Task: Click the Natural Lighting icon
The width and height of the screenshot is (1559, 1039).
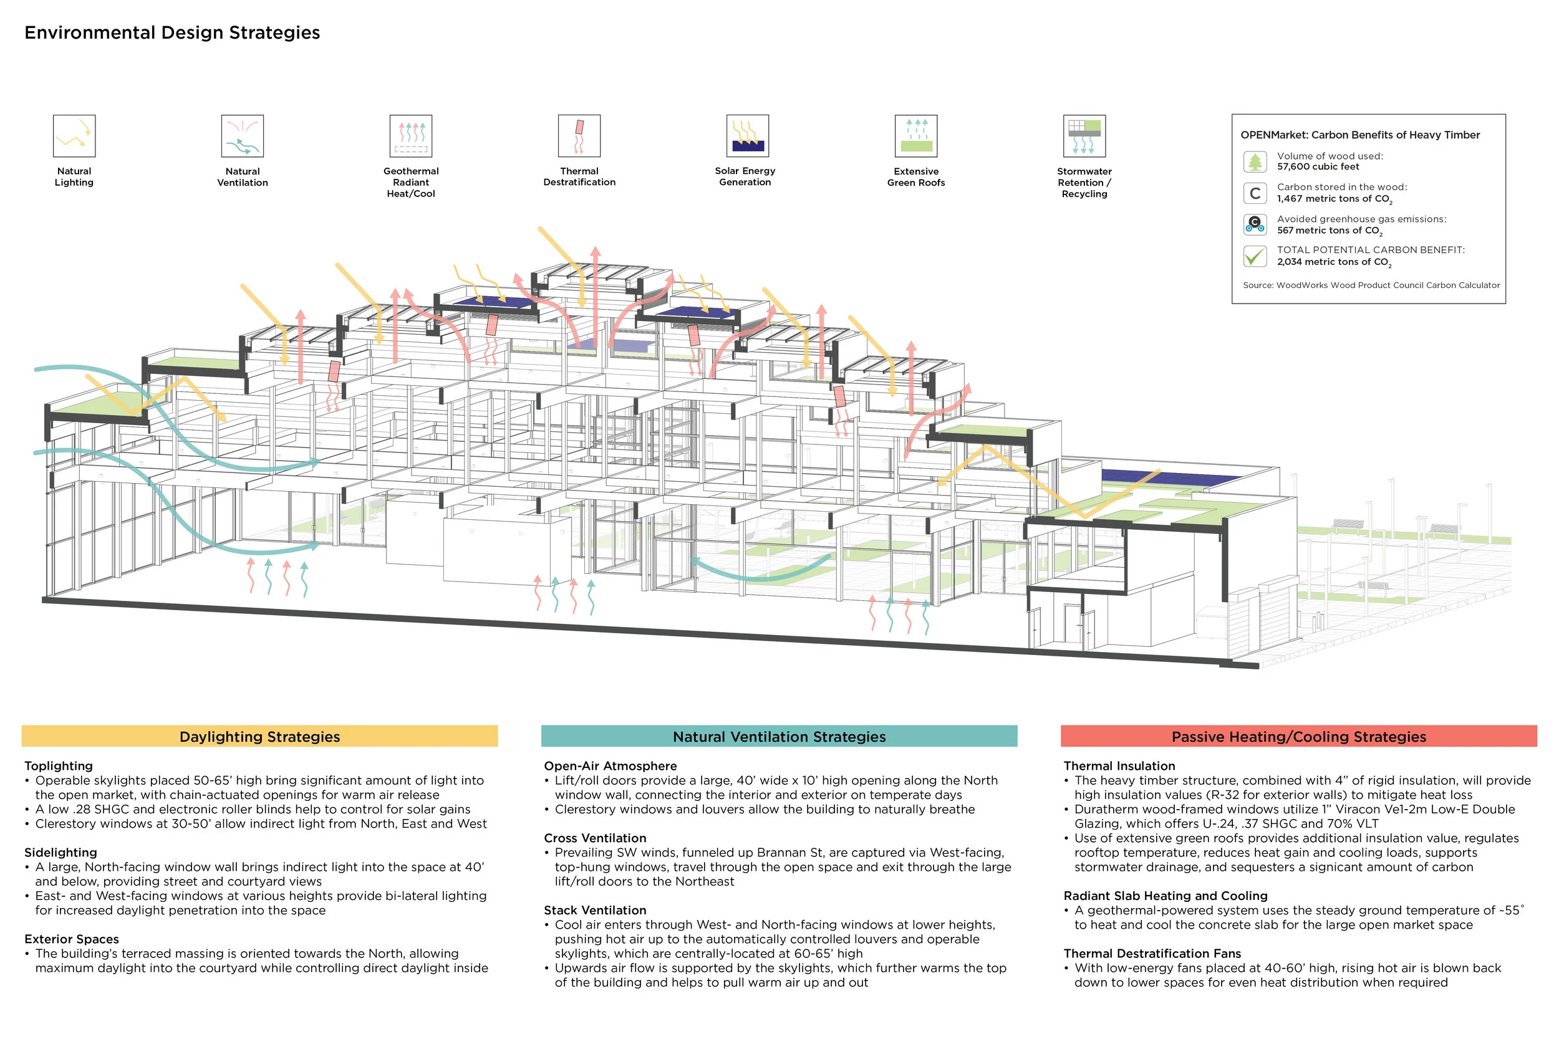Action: click(x=74, y=136)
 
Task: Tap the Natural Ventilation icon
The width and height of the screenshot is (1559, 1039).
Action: click(x=243, y=136)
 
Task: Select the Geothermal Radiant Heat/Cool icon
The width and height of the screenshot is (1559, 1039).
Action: click(x=411, y=136)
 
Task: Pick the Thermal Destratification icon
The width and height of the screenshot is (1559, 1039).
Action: click(x=579, y=136)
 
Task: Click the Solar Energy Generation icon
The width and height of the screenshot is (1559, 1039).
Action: click(x=747, y=136)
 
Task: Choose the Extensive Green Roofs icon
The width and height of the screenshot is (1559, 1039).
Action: click(x=916, y=136)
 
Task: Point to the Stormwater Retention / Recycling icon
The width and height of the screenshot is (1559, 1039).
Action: click(x=1084, y=136)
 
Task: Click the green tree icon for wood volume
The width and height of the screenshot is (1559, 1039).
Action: click(x=1255, y=161)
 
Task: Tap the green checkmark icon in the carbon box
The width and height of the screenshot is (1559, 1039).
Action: click(x=1255, y=256)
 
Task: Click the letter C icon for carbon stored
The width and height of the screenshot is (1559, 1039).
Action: click(x=1255, y=193)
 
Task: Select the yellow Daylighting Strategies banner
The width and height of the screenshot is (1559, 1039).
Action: click(x=260, y=736)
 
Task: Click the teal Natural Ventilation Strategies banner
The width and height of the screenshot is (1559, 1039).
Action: click(x=779, y=736)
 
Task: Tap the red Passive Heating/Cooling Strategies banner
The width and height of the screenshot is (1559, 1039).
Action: click(x=1298, y=736)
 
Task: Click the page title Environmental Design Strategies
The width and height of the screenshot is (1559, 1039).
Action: click(x=172, y=32)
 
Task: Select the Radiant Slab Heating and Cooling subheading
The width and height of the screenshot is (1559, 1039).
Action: click(x=1166, y=895)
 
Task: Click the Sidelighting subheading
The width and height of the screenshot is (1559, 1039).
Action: click(x=61, y=852)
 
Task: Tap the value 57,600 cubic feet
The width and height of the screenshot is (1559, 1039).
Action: click(x=1318, y=167)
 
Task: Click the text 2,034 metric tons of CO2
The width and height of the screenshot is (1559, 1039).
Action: click(x=1334, y=262)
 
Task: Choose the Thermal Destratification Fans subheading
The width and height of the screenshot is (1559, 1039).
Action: click(x=1152, y=953)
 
